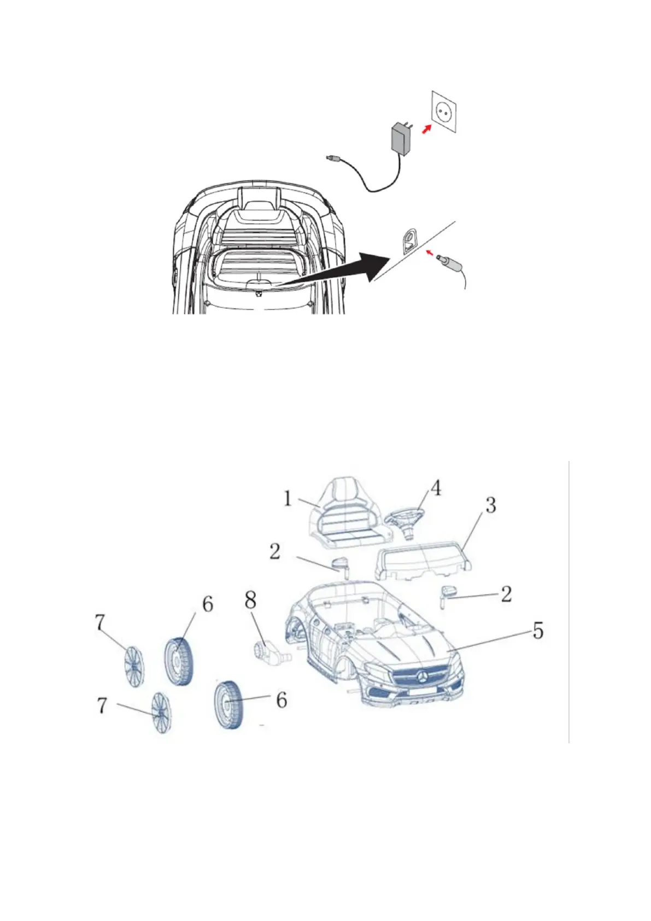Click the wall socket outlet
pos(444,112)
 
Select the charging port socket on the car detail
pos(409,241)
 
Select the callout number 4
pos(435,488)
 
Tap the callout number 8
pos(250,601)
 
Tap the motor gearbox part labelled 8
pos(266,651)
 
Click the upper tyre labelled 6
pos(179,661)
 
